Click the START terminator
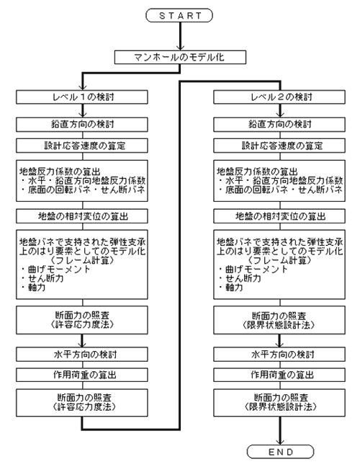click(179, 15)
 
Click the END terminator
click(280, 452)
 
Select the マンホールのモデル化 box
click(180, 57)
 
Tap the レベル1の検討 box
click(82, 97)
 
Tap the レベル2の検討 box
click(279, 97)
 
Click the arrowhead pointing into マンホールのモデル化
click(180, 48)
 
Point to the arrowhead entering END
click(280, 442)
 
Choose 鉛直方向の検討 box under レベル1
click(82, 125)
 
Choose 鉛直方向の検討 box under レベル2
click(279, 125)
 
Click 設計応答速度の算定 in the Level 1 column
click(82, 146)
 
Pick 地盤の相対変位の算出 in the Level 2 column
click(279, 216)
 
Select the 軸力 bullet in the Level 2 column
click(231, 288)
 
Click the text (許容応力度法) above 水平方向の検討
click(82, 324)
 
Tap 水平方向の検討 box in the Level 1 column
click(82, 355)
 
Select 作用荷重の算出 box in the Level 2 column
click(279, 375)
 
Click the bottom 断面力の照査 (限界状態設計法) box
click(279, 403)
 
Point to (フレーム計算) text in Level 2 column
click(280, 260)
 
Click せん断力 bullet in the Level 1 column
click(42, 278)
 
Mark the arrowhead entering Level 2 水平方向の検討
click(279, 344)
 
